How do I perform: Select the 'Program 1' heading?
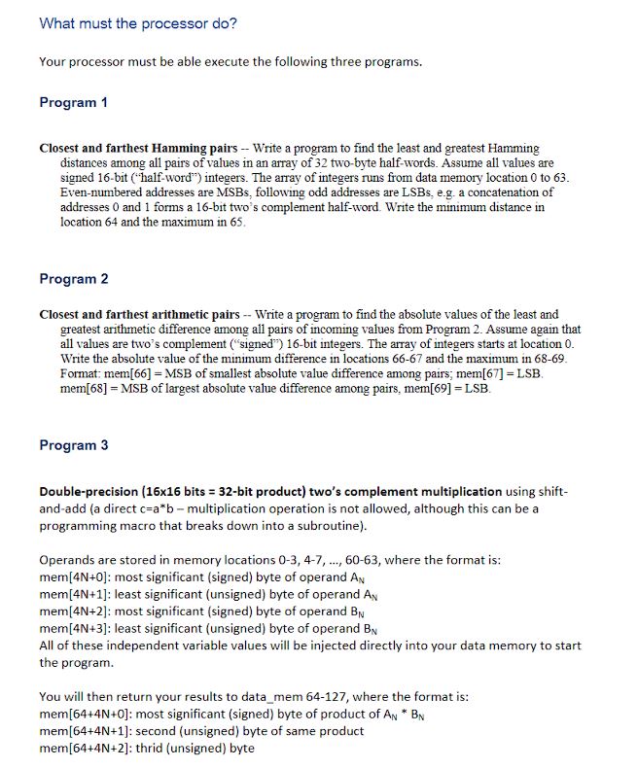pyautogui.click(x=73, y=102)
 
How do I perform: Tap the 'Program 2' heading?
pyautogui.click(x=73, y=279)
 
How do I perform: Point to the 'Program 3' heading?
pyautogui.click(x=73, y=445)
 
